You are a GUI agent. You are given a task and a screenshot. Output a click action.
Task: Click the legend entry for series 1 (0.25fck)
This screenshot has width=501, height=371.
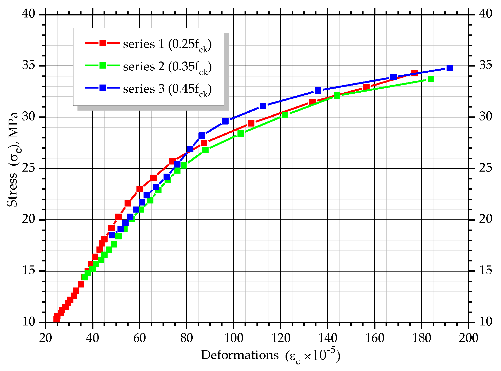pyautogui.click(x=167, y=44)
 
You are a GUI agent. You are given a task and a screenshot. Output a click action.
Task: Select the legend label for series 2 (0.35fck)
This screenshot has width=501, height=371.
pyautogui.click(x=167, y=67)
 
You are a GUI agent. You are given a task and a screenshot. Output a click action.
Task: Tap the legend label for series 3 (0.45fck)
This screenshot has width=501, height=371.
pyautogui.click(x=167, y=89)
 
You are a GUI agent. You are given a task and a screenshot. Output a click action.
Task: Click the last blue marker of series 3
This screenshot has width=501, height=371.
pyautogui.click(x=450, y=68)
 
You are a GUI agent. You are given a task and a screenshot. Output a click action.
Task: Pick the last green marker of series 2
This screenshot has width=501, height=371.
pyautogui.click(x=431, y=79)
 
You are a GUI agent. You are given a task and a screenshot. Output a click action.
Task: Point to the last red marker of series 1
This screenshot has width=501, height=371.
pyautogui.click(x=414, y=73)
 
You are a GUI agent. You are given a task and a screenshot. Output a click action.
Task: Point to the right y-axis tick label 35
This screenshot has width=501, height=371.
pyautogui.click(x=486, y=66)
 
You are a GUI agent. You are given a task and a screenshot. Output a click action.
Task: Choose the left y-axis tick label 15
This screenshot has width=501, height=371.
pyautogui.click(x=28, y=271)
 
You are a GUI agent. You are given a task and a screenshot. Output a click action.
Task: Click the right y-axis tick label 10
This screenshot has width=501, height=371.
pyautogui.click(x=486, y=322)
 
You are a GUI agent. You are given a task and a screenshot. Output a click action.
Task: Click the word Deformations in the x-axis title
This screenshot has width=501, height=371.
pyautogui.click(x=240, y=355)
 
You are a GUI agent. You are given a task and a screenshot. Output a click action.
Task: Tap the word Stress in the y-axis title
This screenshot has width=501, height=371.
pyautogui.click(x=12, y=190)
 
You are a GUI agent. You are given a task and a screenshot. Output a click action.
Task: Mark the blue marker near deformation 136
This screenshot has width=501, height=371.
pyautogui.click(x=318, y=90)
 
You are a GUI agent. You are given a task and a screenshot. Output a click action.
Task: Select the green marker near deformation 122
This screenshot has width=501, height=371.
pyautogui.click(x=285, y=115)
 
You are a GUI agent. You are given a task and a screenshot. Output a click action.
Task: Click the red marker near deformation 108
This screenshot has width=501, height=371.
pyautogui.click(x=251, y=123)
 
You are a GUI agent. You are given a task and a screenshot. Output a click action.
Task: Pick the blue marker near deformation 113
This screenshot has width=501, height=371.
pyautogui.click(x=263, y=106)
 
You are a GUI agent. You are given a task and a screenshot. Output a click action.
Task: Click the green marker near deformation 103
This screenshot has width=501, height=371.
pyautogui.click(x=241, y=133)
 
